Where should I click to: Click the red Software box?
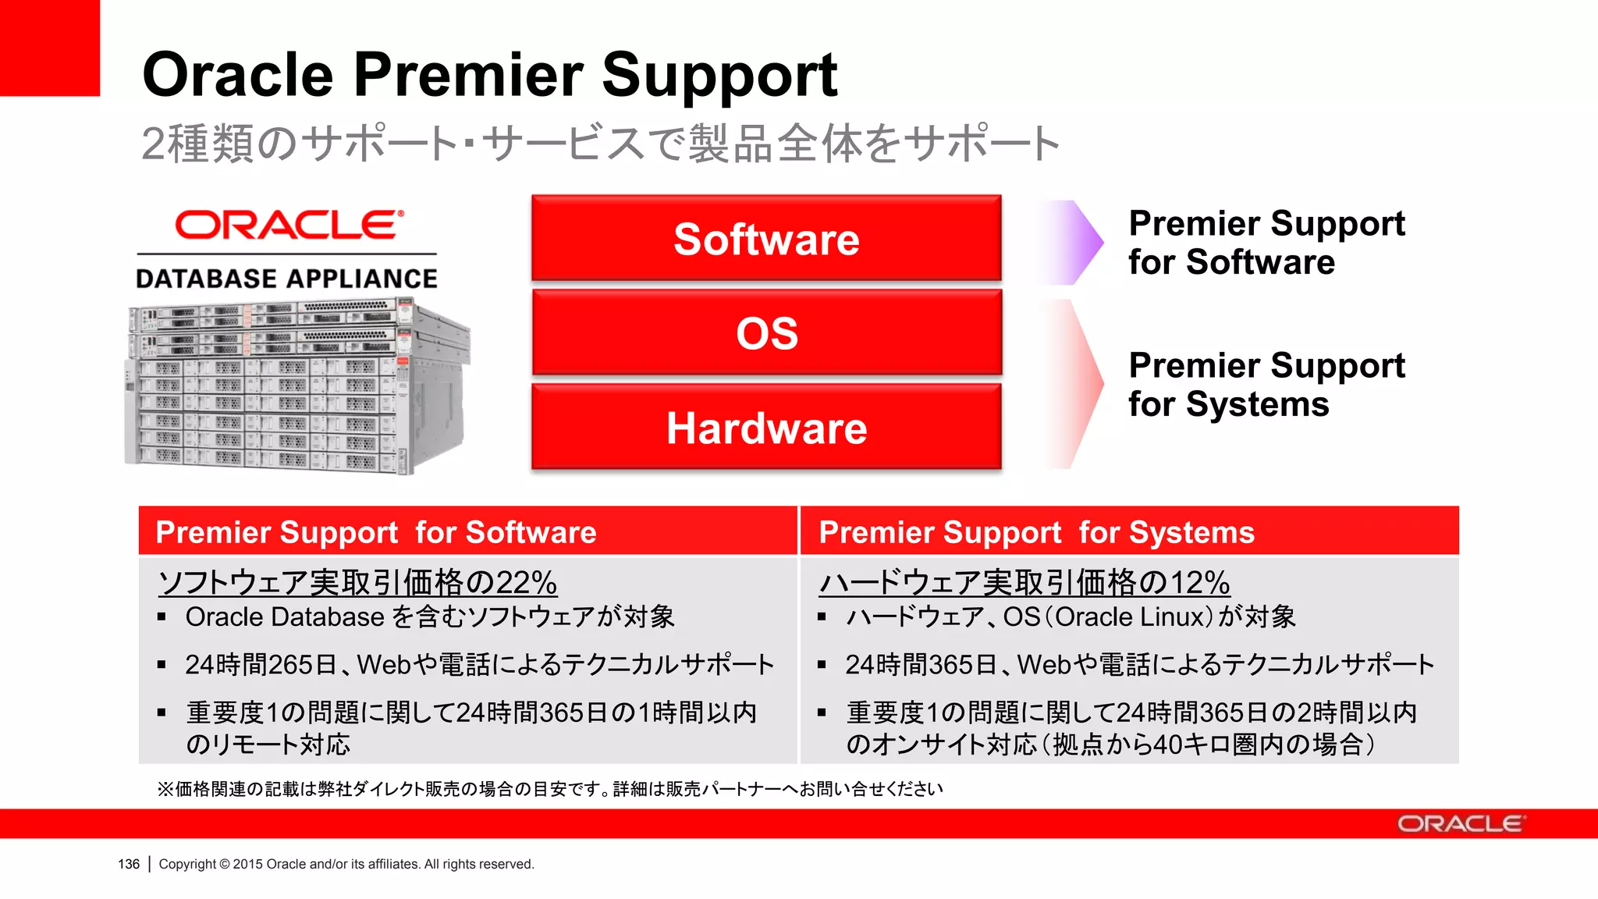pyautogui.click(x=766, y=238)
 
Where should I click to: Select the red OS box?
pyautogui.click(x=766, y=333)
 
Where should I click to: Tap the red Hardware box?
pyautogui.click(x=766, y=428)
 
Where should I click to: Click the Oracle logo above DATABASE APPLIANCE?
pyautogui.click(x=289, y=225)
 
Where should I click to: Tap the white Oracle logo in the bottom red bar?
pyautogui.click(x=1460, y=824)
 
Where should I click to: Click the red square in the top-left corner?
pyautogui.click(x=49, y=47)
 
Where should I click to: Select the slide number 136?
pyautogui.click(x=129, y=864)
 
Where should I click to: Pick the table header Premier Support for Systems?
pyautogui.click(x=1036, y=532)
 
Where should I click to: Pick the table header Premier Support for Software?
pyautogui.click(x=375, y=532)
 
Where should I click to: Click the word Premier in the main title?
pyautogui.click(x=468, y=76)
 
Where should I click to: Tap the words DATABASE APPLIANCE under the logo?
pyautogui.click(x=286, y=279)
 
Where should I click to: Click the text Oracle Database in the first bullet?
pyautogui.click(x=285, y=617)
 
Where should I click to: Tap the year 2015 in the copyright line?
pyautogui.click(x=248, y=864)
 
